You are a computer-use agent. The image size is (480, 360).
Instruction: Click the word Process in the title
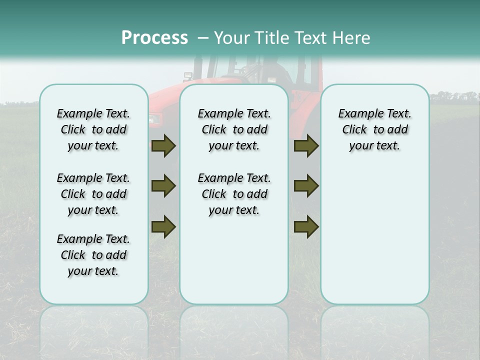click(154, 38)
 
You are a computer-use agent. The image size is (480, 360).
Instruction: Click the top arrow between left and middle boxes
click(163, 146)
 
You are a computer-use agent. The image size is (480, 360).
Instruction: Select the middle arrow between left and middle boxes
click(163, 186)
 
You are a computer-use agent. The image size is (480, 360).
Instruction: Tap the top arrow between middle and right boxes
click(306, 146)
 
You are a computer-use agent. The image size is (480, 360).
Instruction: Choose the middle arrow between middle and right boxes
click(306, 186)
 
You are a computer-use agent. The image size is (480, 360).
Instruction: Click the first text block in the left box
click(93, 129)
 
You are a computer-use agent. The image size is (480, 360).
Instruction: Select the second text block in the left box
click(93, 194)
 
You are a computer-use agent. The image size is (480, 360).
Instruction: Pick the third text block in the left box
click(93, 255)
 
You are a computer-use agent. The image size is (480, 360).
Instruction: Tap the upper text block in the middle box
click(234, 129)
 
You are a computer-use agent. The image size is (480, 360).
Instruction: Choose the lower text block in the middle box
click(234, 194)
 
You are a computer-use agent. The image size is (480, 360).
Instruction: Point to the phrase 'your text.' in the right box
click(374, 146)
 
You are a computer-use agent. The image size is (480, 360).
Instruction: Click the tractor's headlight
click(154, 119)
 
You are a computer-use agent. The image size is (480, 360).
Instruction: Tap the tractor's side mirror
click(188, 76)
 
